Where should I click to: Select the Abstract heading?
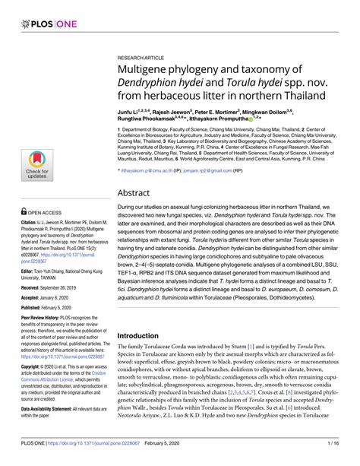(139, 193)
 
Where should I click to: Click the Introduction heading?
(149, 335)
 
